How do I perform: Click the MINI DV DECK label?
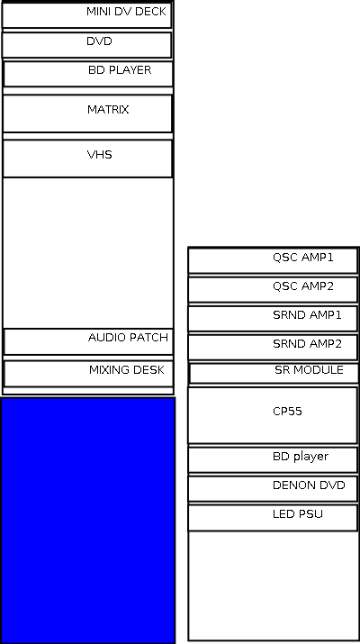point(126,12)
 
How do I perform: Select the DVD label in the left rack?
point(99,41)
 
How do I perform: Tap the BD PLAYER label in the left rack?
point(120,70)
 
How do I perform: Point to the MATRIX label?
point(108,110)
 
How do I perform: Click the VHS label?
point(99,155)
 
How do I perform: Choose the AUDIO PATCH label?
point(128,338)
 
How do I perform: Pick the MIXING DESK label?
point(126,370)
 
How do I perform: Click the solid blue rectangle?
point(88,520)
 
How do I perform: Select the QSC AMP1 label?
point(303,258)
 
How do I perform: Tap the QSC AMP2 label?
point(303,286)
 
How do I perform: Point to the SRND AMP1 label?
point(307,315)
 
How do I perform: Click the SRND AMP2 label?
point(307,344)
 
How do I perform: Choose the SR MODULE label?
point(309,370)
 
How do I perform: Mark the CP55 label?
point(287,412)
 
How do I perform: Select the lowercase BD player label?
point(301,457)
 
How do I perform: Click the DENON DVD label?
point(309,485)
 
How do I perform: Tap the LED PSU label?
point(298,514)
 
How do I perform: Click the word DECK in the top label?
point(150,12)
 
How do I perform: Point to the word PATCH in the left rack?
point(148,338)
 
